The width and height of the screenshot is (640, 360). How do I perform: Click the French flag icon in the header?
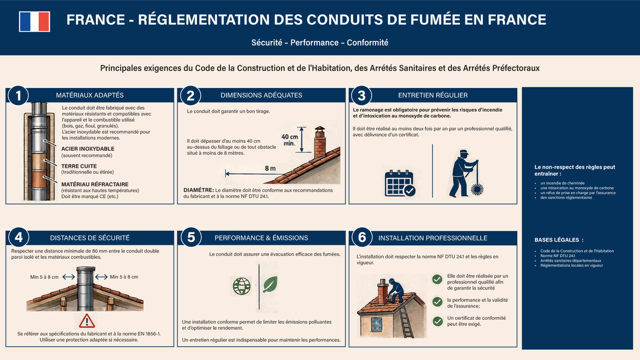tap(34, 21)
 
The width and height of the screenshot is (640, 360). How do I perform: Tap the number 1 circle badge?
tap(18, 95)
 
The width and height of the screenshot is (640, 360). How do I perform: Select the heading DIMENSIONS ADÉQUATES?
tap(261, 95)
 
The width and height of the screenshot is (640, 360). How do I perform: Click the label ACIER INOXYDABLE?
tap(87, 149)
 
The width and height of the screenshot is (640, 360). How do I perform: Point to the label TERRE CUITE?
tap(79, 166)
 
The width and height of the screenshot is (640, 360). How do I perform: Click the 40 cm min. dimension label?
tap(289, 140)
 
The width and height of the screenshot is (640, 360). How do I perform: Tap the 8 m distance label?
tap(270, 168)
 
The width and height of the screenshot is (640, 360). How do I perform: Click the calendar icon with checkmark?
tap(400, 182)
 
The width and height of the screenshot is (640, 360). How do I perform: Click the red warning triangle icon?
tap(86, 321)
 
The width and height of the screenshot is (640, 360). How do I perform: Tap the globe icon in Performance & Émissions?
tap(241, 285)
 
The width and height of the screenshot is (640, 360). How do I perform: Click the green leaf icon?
tap(270, 284)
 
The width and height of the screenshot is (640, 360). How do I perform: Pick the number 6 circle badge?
tap(362, 238)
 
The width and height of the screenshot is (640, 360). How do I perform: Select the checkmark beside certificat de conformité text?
tap(437, 321)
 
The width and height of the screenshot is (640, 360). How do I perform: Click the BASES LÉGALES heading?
tap(558, 240)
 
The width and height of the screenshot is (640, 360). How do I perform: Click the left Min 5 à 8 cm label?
tap(45, 277)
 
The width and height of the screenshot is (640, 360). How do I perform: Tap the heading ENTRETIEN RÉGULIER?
tap(432, 95)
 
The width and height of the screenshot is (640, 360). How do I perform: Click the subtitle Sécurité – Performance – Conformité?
tap(320, 42)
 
